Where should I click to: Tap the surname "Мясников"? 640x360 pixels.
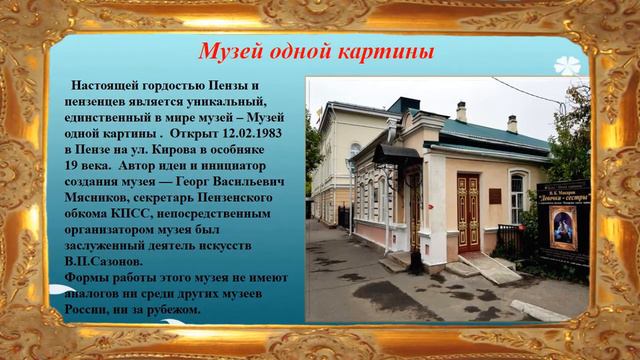[x=103, y=197]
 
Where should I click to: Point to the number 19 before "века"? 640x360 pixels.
[x=72, y=165]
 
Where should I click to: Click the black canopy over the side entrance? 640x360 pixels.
[x=400, y=155]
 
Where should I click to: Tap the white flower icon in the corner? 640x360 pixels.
[x=567, y=62]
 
